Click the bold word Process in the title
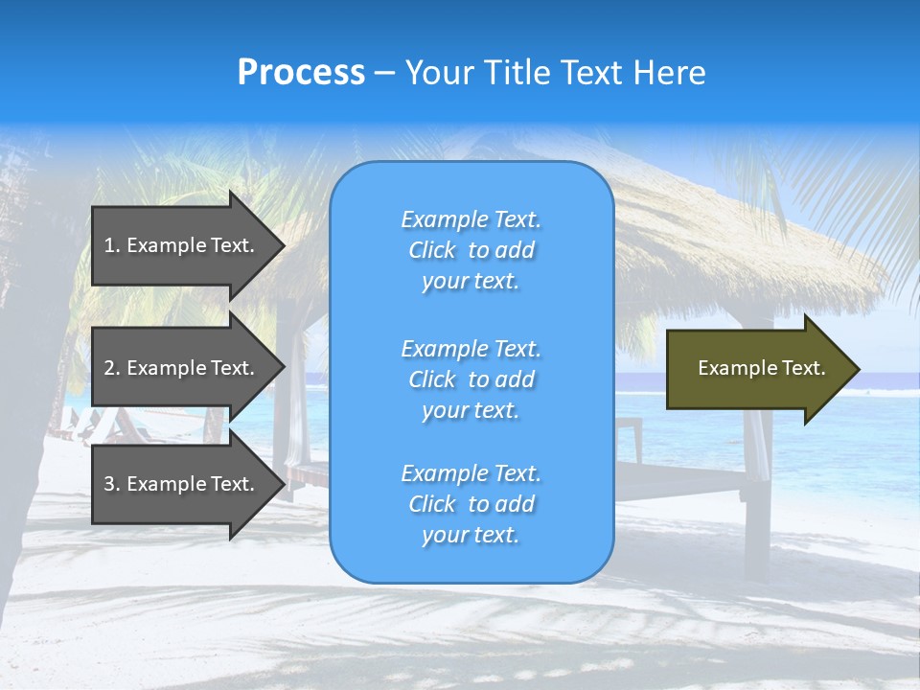tap(301, 73)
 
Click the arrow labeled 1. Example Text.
tap(182, 245)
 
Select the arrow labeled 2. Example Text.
tap(182, 368)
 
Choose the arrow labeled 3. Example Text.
tap(182, 484)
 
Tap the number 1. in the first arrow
tap(112, 245)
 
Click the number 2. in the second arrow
tap(112, 368)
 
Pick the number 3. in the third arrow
tap(112, 484)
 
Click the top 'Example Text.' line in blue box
tap(471, 219)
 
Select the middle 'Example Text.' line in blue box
tap(471, 349)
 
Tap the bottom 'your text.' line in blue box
tap(471, 535)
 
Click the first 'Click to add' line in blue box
tap(471, 250)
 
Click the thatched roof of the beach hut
tap(728, 240)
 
